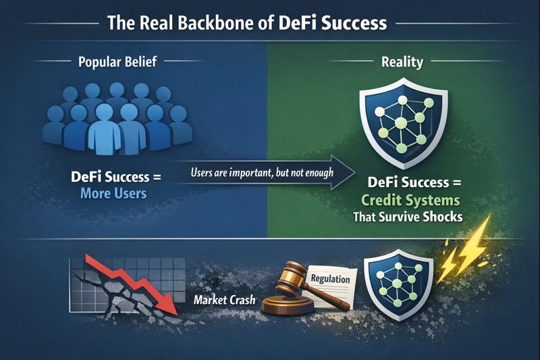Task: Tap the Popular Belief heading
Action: [119, 63]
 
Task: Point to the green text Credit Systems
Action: [411, 201]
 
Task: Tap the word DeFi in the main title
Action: [298, 22]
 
